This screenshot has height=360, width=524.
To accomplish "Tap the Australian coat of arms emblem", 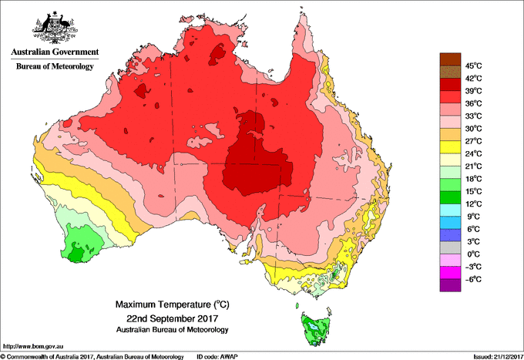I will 54,27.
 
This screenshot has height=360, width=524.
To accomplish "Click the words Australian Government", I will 54,53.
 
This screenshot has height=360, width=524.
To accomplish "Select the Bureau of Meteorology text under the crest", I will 54,66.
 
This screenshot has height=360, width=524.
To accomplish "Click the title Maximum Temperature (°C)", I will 168,305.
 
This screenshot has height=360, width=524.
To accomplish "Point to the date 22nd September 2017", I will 168,318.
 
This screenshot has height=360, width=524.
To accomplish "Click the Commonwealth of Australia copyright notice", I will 92,355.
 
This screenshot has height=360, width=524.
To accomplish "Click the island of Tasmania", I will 316,328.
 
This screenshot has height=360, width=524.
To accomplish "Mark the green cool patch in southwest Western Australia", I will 77,245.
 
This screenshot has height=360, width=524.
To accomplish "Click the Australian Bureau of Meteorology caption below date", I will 168,329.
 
